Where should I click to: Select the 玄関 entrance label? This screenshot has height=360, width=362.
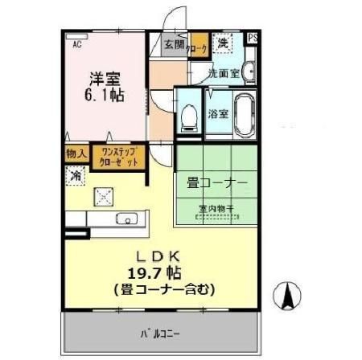(x=174, y=44)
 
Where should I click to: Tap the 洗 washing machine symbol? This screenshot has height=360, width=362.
(x=222, y=40)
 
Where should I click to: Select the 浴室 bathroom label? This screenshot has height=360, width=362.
(x=217, y=112)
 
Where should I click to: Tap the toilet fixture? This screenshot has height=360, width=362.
(x=189, y=117)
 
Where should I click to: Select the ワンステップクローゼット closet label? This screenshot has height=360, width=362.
(x=117, y=155)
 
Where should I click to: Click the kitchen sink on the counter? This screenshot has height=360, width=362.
(x=126, y=218)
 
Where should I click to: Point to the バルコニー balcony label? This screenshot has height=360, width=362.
(x=162, y=330)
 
